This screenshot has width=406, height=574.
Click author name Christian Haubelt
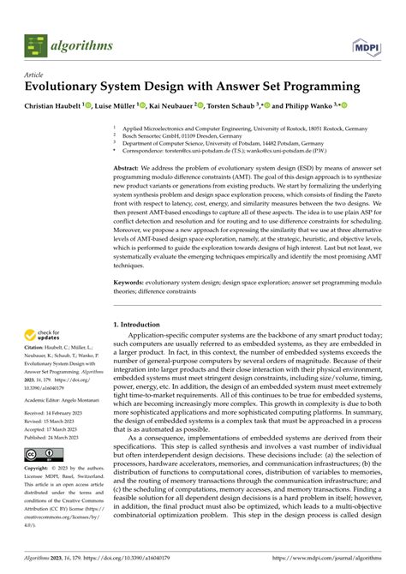click(55, 105)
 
